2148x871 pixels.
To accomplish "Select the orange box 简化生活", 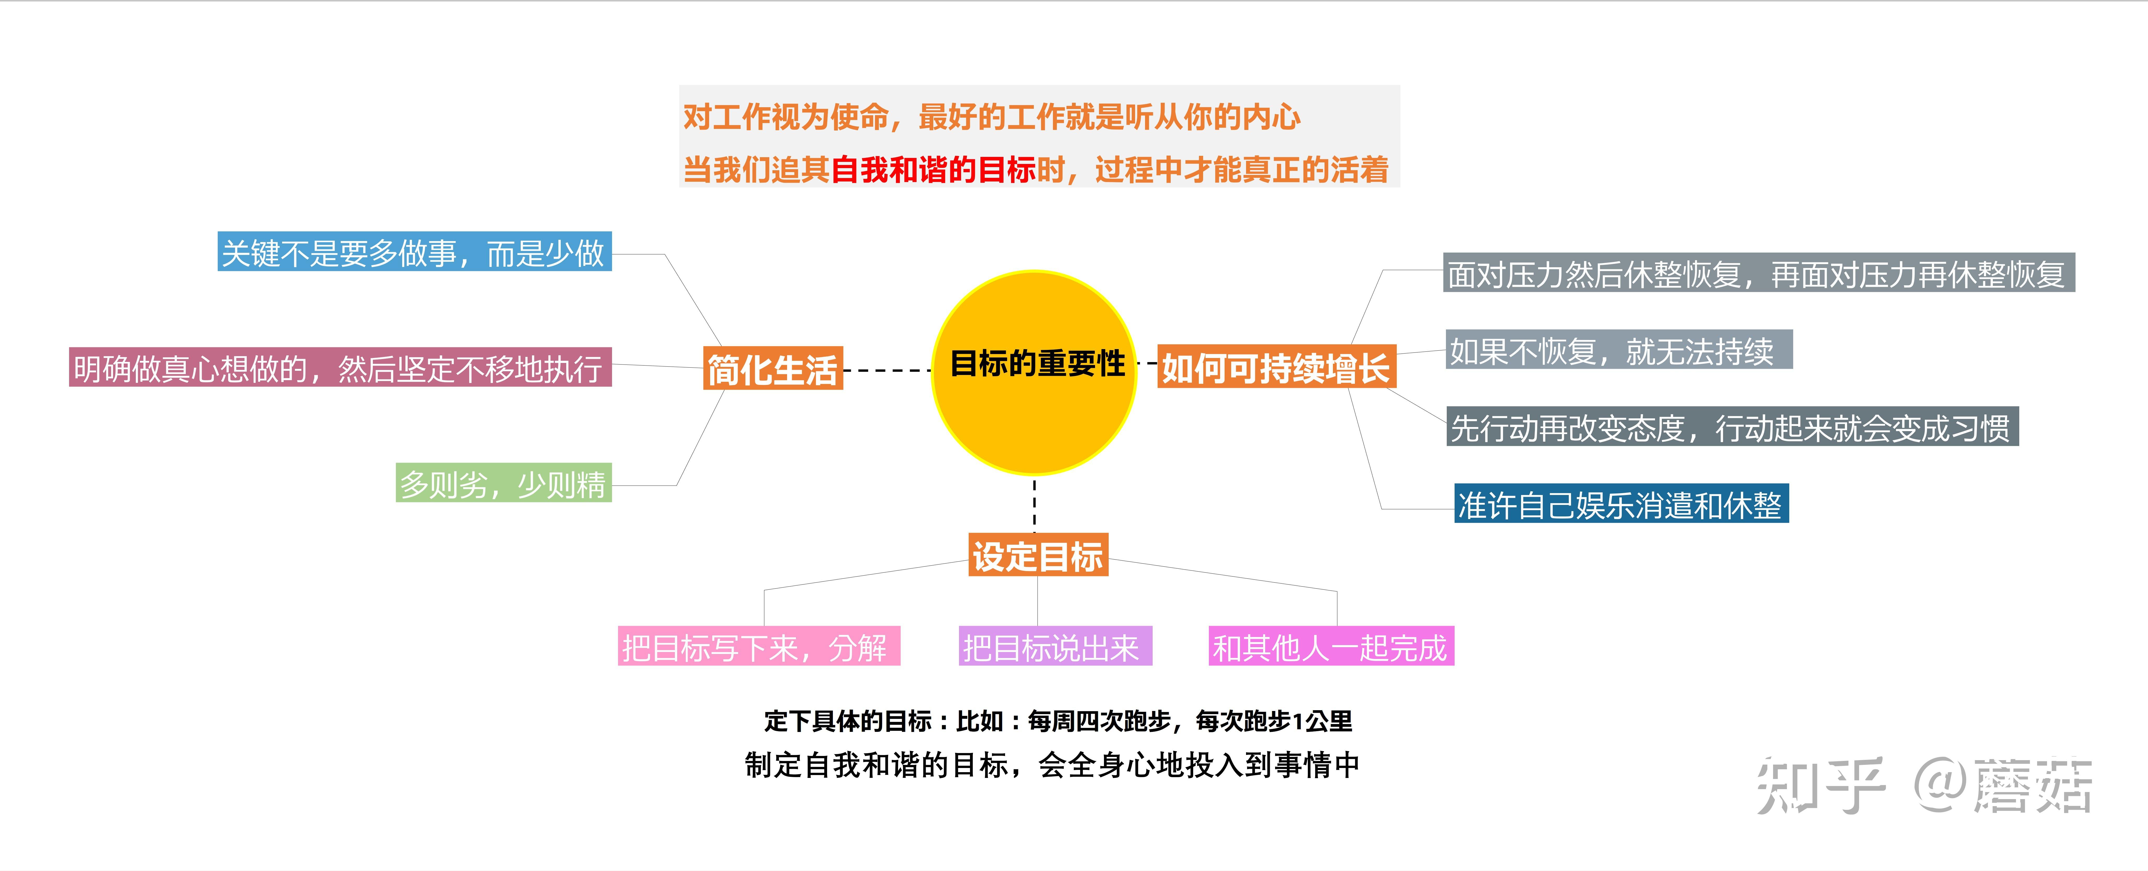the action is [x=772, y=368].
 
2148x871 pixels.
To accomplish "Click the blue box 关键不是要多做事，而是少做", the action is [x=414, y=252].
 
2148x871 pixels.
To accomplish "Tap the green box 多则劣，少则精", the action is [x=504, y=483].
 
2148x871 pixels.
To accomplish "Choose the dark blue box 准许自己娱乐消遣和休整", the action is [x=1621, y=503].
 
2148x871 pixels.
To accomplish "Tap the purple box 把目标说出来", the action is [x=1055, y=646].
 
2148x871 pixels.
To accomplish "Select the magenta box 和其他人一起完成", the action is [x=1331, y=646].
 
